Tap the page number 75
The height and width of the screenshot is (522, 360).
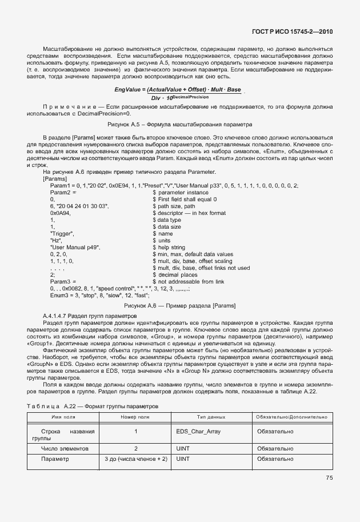329,478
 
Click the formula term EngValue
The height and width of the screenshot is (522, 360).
127,90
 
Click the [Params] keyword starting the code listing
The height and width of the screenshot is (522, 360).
55,179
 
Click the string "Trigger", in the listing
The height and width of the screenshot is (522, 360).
62,233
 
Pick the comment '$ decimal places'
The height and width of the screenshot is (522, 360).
175,274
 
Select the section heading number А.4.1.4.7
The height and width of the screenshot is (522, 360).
59,316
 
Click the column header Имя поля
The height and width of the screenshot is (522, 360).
63,418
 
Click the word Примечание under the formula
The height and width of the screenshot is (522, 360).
73,107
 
